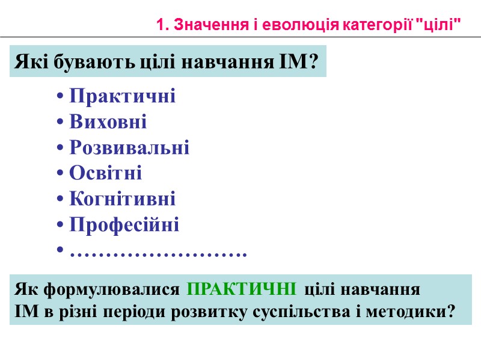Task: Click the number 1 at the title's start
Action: (159, 25)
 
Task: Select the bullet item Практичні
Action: (123, 96)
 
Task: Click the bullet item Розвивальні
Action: (129, 148)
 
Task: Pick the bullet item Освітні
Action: (106, 174)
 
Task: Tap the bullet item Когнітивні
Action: (123, 199)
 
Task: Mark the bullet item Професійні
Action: (124, 225)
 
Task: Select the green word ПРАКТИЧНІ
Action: (241, 289)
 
